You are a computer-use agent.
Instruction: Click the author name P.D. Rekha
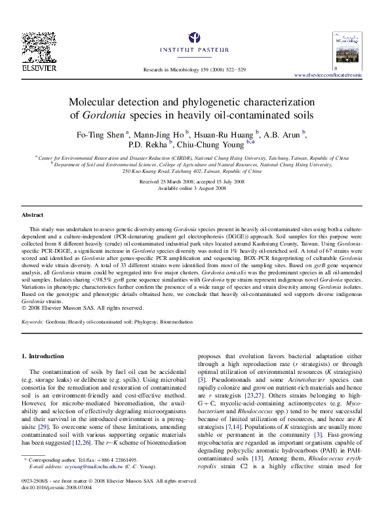147,146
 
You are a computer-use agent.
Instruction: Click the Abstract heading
32,215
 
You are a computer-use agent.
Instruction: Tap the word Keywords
33,322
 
